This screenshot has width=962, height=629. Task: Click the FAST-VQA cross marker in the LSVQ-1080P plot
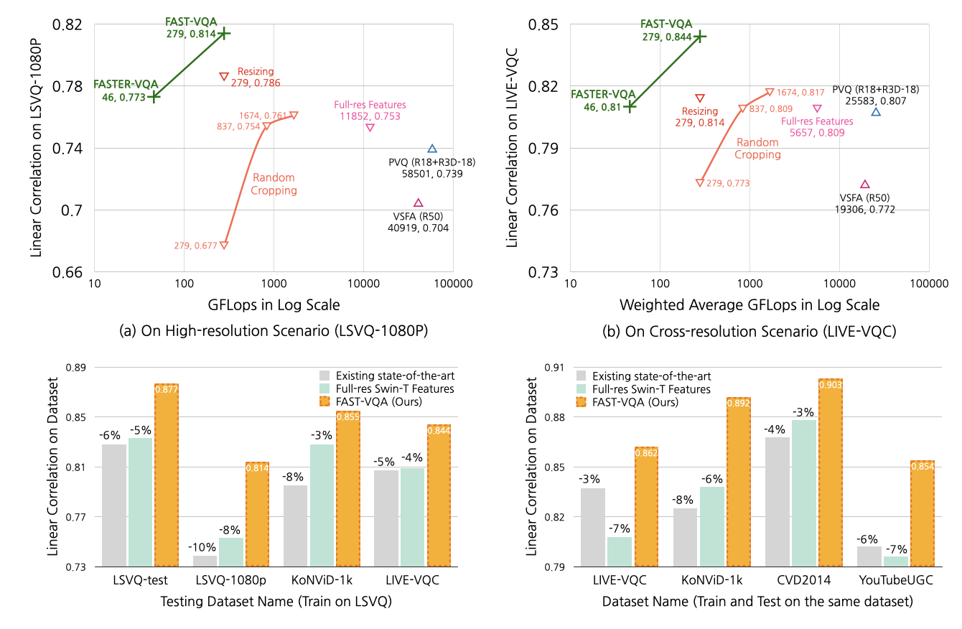coord(224,33)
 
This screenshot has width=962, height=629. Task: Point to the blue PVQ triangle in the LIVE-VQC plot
coord(876,111)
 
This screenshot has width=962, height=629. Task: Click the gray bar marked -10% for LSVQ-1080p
coord(205,561)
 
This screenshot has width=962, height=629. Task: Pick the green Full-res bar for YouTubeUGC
coord(895,562)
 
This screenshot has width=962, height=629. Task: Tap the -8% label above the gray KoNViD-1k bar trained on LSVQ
coord(295,476)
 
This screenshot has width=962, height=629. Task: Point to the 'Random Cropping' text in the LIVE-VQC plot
coord(757,148)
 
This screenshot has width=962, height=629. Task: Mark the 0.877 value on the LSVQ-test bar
coord(166,391)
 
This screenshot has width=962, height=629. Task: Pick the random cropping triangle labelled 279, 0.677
coord(224,246)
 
